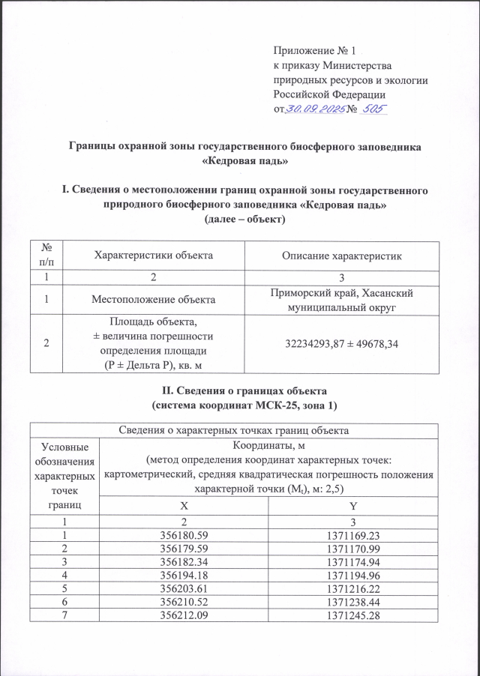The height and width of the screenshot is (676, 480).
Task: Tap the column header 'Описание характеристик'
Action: pos(341,256)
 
